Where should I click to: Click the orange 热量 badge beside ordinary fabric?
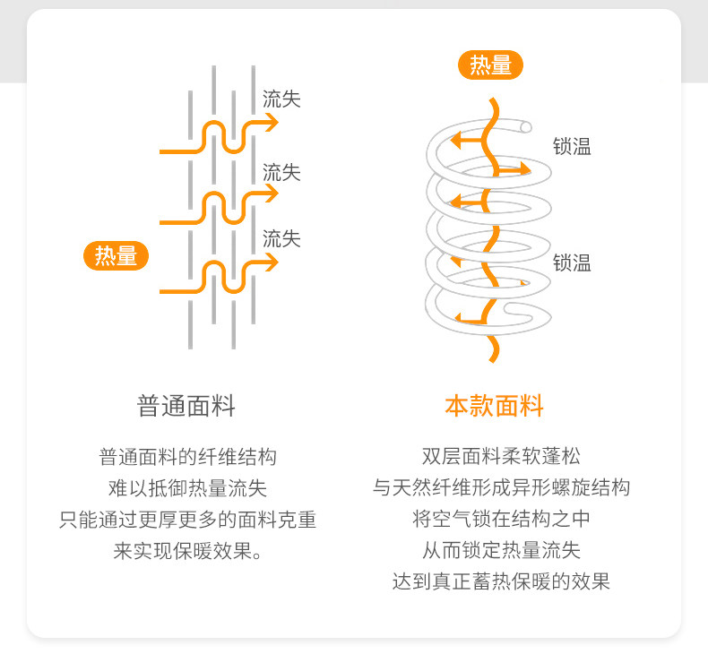117,256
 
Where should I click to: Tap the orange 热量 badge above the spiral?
490,65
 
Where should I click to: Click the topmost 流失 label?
281,99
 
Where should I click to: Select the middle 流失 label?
281,172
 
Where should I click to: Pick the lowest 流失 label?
281,239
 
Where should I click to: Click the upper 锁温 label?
572,147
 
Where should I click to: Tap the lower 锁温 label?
572,263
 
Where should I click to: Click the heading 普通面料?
186,406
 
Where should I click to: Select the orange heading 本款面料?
495,406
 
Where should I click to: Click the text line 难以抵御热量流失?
187,488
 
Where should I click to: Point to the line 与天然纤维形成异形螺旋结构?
501,487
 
